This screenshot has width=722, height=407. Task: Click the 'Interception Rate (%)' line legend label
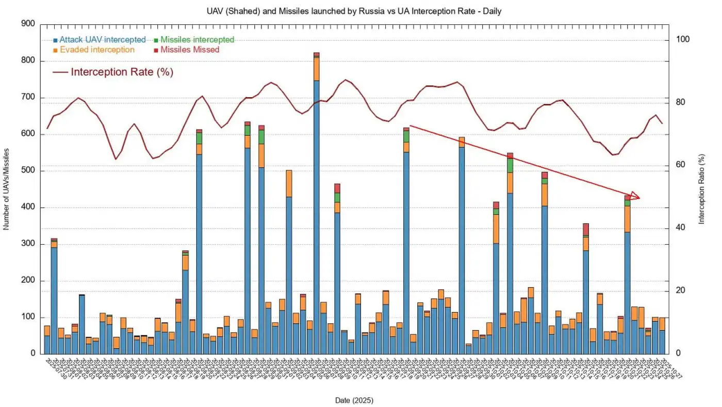(x=122, y=72)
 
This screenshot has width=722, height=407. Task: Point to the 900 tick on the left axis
(x=28, y=24)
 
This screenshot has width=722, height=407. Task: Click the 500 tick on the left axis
(x=28, y=171)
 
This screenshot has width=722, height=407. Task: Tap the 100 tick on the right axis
(x=682, y=40)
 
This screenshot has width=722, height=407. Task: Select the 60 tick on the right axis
(x=680, y=165)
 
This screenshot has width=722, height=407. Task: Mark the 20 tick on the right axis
(x=680, y=291)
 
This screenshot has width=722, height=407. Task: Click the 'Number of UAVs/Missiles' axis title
(x=7, y=189)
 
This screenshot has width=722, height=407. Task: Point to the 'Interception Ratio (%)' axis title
(x=701, y=189)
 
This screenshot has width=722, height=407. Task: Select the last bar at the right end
(x=662, y=336)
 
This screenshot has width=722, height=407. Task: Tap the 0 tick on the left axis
(x=32, y=354)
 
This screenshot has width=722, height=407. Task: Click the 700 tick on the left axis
(x=28, y=98)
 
